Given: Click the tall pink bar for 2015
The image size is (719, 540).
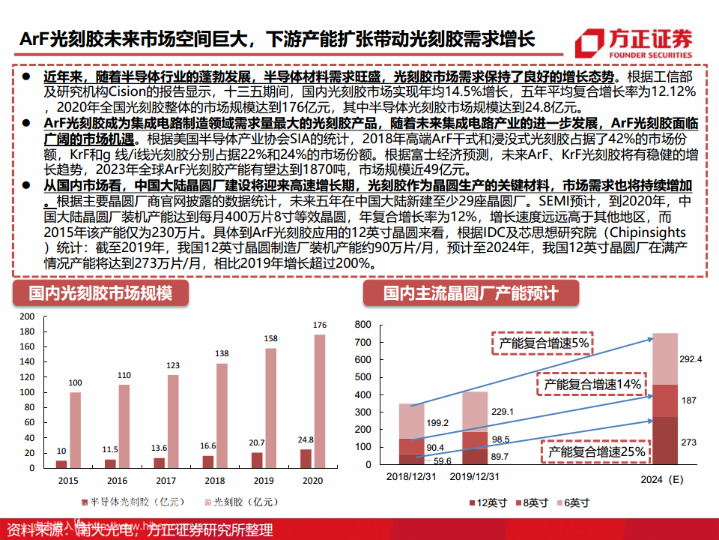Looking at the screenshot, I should [x=75, y=430].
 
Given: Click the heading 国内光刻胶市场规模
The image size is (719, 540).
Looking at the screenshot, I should [x=100, y=292].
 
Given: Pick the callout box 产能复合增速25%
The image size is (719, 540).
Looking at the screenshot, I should [x=596, y=452].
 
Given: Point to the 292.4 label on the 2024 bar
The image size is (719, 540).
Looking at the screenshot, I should [x=690, y=358].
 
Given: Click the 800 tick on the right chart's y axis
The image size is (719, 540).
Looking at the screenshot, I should [x=362, y=325].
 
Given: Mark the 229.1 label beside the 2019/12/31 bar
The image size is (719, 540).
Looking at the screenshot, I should [x=502, y=411].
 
